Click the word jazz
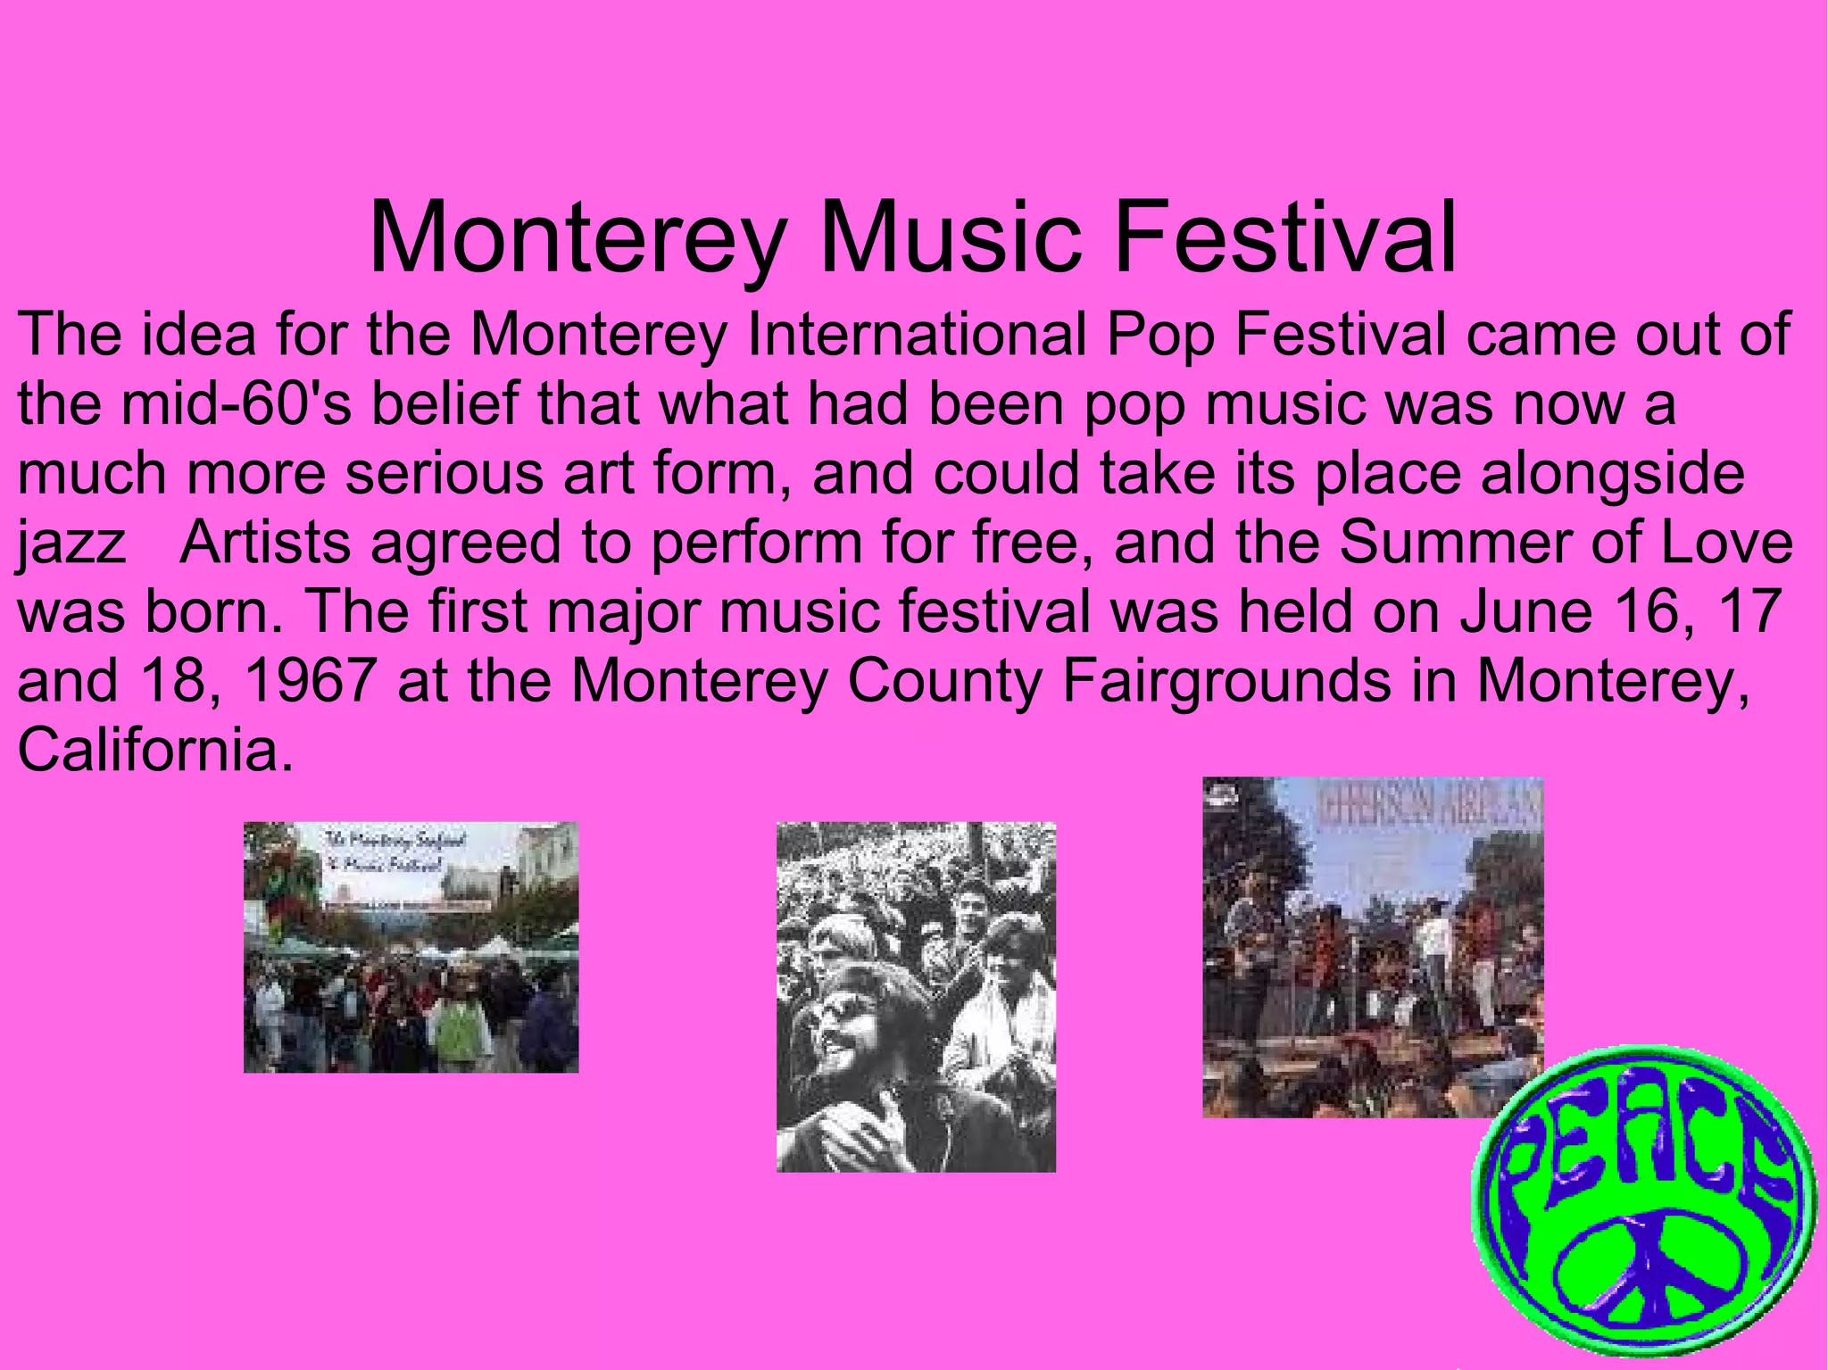pos(71,544)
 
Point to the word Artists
pos(265,542)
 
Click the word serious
pos(444,473)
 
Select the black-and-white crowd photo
pos(916,996)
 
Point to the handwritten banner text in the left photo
pos(384,852)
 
